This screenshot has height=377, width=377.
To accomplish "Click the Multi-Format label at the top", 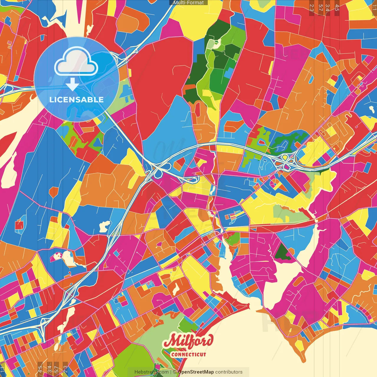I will tap(188, 3).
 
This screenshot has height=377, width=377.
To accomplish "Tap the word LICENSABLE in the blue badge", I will tap(76, 100).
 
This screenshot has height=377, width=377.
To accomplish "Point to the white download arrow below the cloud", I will tap(72, 85).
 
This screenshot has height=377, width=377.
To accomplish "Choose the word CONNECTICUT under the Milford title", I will tap(188, 354).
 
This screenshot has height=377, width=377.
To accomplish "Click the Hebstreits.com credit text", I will tap(151, 372).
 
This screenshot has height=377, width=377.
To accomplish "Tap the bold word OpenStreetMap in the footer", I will tap(196, 372).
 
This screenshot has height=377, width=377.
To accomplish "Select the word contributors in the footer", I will tap(229, 372).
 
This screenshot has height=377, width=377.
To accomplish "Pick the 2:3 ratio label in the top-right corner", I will tap(312, 8).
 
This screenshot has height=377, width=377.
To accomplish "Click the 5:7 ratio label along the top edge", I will tap(320, 8).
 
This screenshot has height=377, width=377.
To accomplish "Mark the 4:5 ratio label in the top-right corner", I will tap(337, 8).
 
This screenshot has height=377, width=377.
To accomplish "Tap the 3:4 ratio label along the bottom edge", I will tap(49, 369).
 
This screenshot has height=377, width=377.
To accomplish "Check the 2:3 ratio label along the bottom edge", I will tap(65, 369).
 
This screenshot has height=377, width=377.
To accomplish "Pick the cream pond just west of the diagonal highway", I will tap(105, 226).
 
